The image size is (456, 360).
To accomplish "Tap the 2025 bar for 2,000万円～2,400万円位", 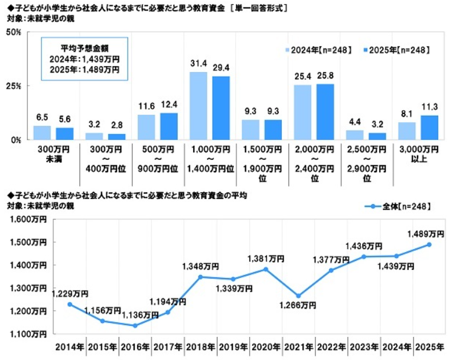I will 325,112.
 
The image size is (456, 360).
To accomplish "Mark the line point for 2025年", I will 429,244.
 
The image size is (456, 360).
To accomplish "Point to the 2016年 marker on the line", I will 135,325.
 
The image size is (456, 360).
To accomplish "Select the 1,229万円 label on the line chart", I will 70,293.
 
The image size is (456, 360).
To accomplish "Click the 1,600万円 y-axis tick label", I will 28,220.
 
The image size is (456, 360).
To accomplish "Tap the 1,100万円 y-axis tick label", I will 28,334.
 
